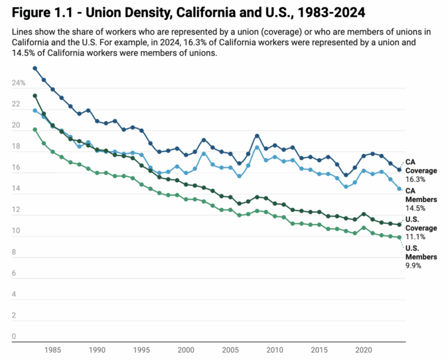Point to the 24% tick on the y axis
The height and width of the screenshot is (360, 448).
point(18,83)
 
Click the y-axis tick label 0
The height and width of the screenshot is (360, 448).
point(13,337)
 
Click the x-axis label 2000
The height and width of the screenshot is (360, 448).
point(186,349)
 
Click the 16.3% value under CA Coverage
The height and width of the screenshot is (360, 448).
point(415,179)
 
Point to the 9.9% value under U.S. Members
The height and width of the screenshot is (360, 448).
point(413,265)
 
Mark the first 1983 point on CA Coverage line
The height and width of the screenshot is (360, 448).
point(35,68)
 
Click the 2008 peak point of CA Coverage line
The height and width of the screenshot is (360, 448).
point(257,135)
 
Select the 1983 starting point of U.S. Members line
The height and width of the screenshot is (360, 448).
point(35,130)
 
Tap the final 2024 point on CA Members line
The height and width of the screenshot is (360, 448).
point(399,189)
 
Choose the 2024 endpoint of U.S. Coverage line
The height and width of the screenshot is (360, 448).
point(399,225)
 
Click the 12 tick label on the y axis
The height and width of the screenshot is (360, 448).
point(15,210)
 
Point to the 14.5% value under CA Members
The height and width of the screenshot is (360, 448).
point(415,209)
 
